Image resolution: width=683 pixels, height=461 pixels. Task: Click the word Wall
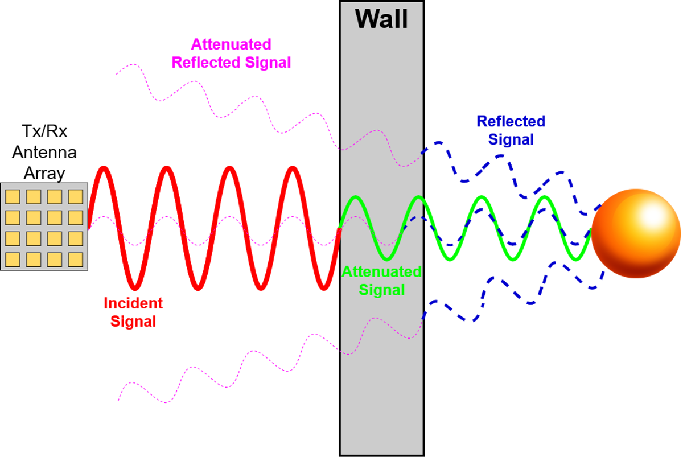pyautogui.click(x=381, y=18)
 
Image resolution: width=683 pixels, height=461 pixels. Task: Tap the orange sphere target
pyautogui.click(x=636, y=233)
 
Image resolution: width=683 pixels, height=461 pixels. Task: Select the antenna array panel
pyautogui.click(x=44, y=227)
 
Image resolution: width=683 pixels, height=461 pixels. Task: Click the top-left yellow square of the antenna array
pyautogui.click(x=13, y=196)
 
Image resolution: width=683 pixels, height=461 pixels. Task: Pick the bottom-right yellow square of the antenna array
pyautogui.click(x=76, y=260)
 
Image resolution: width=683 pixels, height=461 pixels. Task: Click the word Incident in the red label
pyautogui.click(x=133, y=303)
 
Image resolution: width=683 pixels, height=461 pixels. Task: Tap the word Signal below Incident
pyautogui.click(x=133, y=322)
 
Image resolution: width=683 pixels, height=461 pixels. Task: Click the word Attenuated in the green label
pyautogui.click(x=381, y=271)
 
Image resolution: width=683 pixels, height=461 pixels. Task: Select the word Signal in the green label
pyautogui.click(x=381, y=290)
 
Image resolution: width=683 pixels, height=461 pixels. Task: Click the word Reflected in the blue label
pyautogui.click(x=511, y=121)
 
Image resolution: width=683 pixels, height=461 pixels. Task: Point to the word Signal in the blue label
pyautogui.click(x=511, y=139)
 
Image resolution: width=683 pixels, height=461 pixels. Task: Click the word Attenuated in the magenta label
pyautogui.click(x=231, y=44)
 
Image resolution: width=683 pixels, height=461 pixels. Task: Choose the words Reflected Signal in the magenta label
pyautogui.click(x=231, y=62)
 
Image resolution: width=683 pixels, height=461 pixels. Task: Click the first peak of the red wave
pyautogui.click(x=103, y=168)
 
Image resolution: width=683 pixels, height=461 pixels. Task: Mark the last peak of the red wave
pyautogui.click(x=293, y=168)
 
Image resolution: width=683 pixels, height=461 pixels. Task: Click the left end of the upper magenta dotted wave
pyautogui.click(x=116, y=74)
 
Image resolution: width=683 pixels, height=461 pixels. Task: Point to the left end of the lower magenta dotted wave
pyautogui.click(x=118, y=400)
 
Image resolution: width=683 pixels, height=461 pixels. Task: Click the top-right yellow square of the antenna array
pyautogui.click(x=76, y=196)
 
